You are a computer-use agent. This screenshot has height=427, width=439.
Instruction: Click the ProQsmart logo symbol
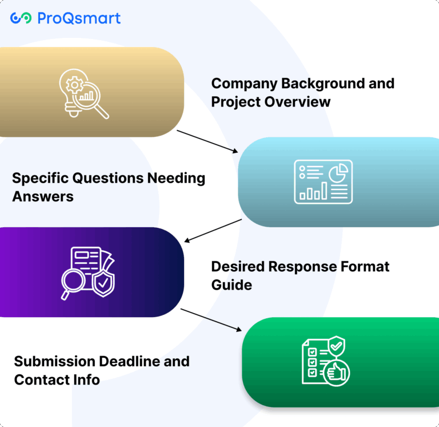21,18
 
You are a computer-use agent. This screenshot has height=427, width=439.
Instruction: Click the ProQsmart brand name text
79,18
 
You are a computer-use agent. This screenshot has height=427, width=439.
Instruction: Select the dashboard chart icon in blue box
323,182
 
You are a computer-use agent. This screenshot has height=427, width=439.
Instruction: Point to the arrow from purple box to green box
211,319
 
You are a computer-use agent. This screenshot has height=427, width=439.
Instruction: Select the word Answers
43,196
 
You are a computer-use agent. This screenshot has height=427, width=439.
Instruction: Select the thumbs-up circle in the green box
337,373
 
